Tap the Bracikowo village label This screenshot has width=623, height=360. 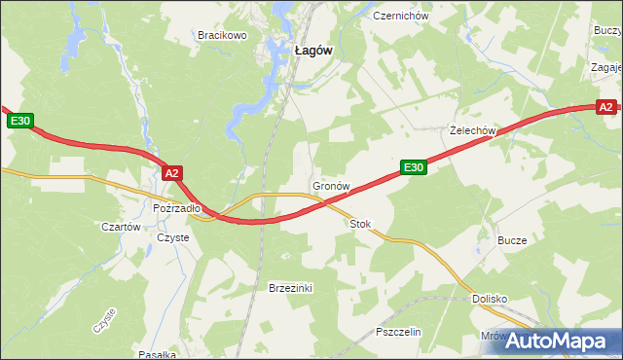(x=223, y=35)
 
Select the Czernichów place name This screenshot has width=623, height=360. (x=394, y=17)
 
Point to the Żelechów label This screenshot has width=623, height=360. (x=474, y=130)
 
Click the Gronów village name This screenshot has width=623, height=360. (x=330, y=185)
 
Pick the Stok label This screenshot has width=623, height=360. (x=360, y=224)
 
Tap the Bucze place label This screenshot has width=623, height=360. (x=512, y=240)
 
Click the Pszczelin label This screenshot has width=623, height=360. (x=398, y=332)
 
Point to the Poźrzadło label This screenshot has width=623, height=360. (x=176, y=208)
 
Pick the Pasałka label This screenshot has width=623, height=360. (x=157, y=354)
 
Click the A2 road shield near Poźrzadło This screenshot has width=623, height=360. (x=172, y=173)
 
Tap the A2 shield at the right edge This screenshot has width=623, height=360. (x=605, y=107)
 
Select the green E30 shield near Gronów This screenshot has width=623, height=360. (x=414, y=168)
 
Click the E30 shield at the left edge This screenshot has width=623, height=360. (x=20, y=121)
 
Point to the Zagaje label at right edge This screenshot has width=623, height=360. (x=606, y=68)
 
